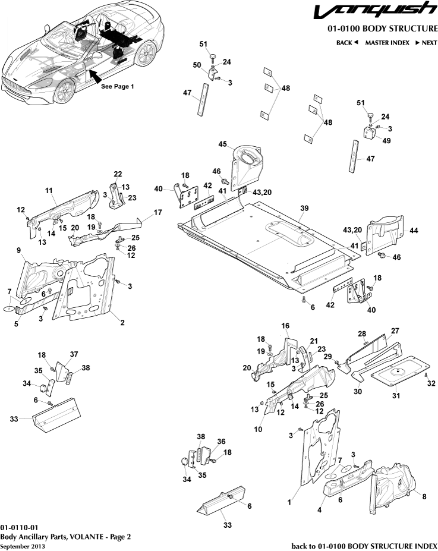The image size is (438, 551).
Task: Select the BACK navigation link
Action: tap(347, 43)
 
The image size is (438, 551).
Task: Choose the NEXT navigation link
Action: tap(426, 43)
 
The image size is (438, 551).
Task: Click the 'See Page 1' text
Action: tap(117, 86)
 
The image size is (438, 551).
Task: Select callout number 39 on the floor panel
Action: tap(304, 209)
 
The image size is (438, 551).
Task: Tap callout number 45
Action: tap(223, 144)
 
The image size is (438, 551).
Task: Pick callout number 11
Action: tap(49, 191)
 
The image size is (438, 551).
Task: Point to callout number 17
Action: tap(158, 212)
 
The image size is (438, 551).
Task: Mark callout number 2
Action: tap(122, 323)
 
